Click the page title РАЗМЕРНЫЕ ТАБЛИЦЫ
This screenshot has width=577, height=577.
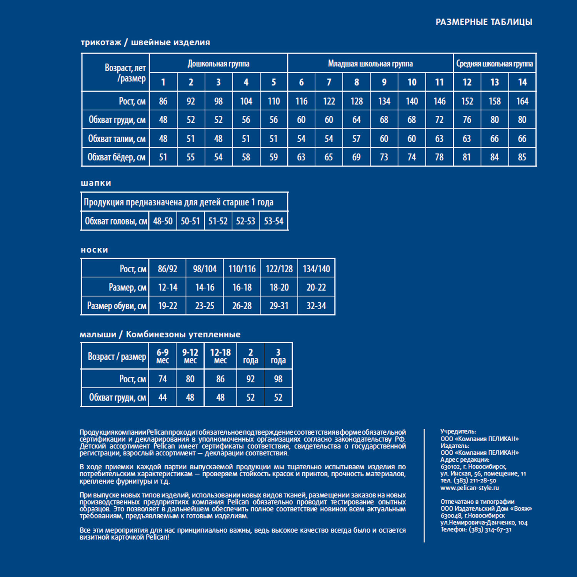pyautogui.click(x=484, y=22)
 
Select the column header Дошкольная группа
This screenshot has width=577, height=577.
pyautogui.click(x=218, y=63)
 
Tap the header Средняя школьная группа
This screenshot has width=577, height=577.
pyautogui.click(x=494, y=63)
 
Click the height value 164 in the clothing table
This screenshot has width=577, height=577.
pyautogui.click(x=522, y=101)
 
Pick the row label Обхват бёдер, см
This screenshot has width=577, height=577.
pyautogui.click(x=116, y=157)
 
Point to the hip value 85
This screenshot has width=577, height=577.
pyautogui.click(x=522, y=157)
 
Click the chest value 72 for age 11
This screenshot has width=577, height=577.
pyautogui.click(x=439, y=120)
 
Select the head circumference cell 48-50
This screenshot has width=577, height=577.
pyautogui.click(x=163, y=221)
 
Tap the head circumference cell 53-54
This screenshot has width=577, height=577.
pyautogui.click(x=273, y=221)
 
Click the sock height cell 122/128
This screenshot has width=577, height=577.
pyautogui.click(x=279, y=269)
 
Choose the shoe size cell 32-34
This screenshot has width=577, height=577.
pyautogui.click(x=316, y=306)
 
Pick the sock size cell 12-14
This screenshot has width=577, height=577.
pyautogui.click(x=167, y=287)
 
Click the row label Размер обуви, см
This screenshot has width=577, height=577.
pyautogui.click(x=116, y=306)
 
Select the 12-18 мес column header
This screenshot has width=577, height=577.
pyautogui.click(x=220, y=356)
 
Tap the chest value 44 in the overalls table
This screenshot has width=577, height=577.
pyautogui.click(x=162, y=397)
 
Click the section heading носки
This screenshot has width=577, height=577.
pyautogui.click(x=94, y=250)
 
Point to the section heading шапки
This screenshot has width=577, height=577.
pyautogui.click(x=96, y=183)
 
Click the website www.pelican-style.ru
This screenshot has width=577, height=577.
pyautogui.click(x=469, y=488)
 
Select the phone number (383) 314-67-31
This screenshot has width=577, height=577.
pyautogui.click(x=490, y=530)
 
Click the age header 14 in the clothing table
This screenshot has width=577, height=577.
pyautogui.click(x=522, y=82)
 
